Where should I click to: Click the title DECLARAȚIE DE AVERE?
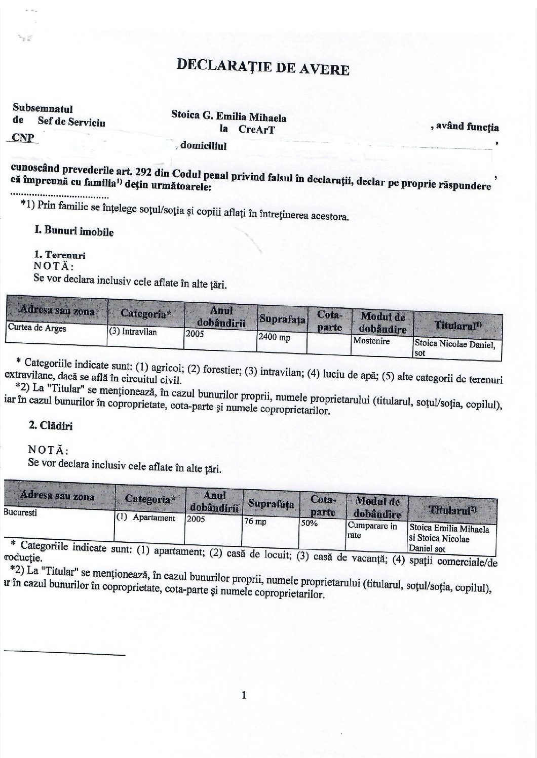262,67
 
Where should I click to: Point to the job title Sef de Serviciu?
71,122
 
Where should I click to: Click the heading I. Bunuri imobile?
74,231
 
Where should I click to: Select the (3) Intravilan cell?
133,332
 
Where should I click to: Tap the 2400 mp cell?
274,337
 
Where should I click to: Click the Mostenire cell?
372,341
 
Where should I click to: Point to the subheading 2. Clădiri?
51,426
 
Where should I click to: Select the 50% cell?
309,523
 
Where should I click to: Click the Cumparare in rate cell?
372,530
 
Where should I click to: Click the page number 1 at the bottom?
244,695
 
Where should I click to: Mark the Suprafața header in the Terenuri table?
283,319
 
